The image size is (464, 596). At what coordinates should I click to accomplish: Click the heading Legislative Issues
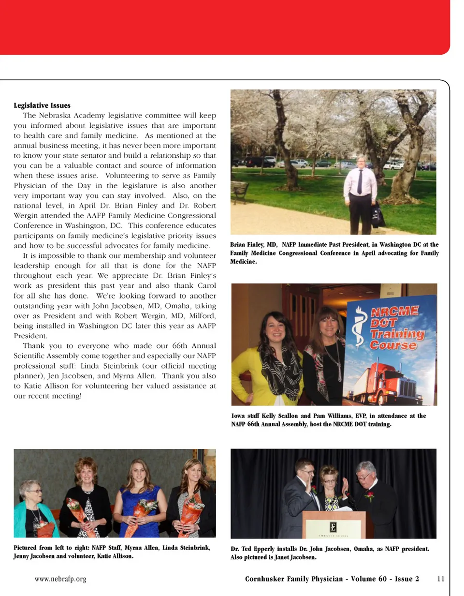(x=42, y=105)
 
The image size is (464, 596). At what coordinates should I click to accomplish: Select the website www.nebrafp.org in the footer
(x=60, y=579)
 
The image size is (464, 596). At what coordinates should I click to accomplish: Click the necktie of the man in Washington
(x=360, y=181)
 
